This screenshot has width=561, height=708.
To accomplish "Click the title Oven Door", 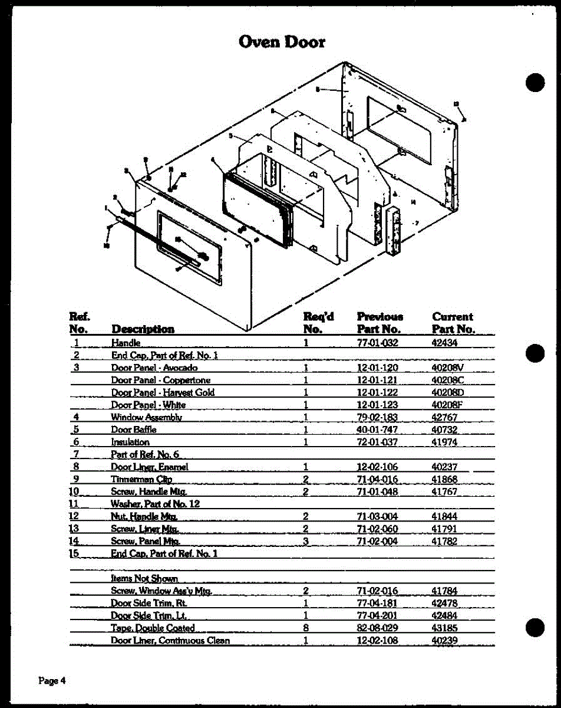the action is (x=282, y=42).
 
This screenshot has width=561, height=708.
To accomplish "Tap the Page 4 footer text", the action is (x=52, y=680).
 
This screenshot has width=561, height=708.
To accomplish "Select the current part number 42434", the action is (x=445, y=343).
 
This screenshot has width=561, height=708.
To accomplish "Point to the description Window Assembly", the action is (x=146, y=417).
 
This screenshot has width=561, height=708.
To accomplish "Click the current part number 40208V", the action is (x=448, y=368).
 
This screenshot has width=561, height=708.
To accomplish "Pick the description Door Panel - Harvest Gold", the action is (x=163, y=392).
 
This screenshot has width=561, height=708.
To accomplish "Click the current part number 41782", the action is (x=445, y=541).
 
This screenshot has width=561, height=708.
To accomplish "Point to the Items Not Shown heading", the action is (x=144, y=579).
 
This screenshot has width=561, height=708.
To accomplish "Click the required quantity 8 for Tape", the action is (x=306, y=628).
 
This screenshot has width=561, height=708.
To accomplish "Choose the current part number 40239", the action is (x=445, y=641).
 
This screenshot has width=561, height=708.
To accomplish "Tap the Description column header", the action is (x=143, y=329).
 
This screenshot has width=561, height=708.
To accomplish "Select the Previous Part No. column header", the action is (x=379, y=323).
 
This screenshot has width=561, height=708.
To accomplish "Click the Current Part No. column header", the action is (x=453, y=323).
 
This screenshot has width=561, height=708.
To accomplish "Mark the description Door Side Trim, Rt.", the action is (x=148, y=604).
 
